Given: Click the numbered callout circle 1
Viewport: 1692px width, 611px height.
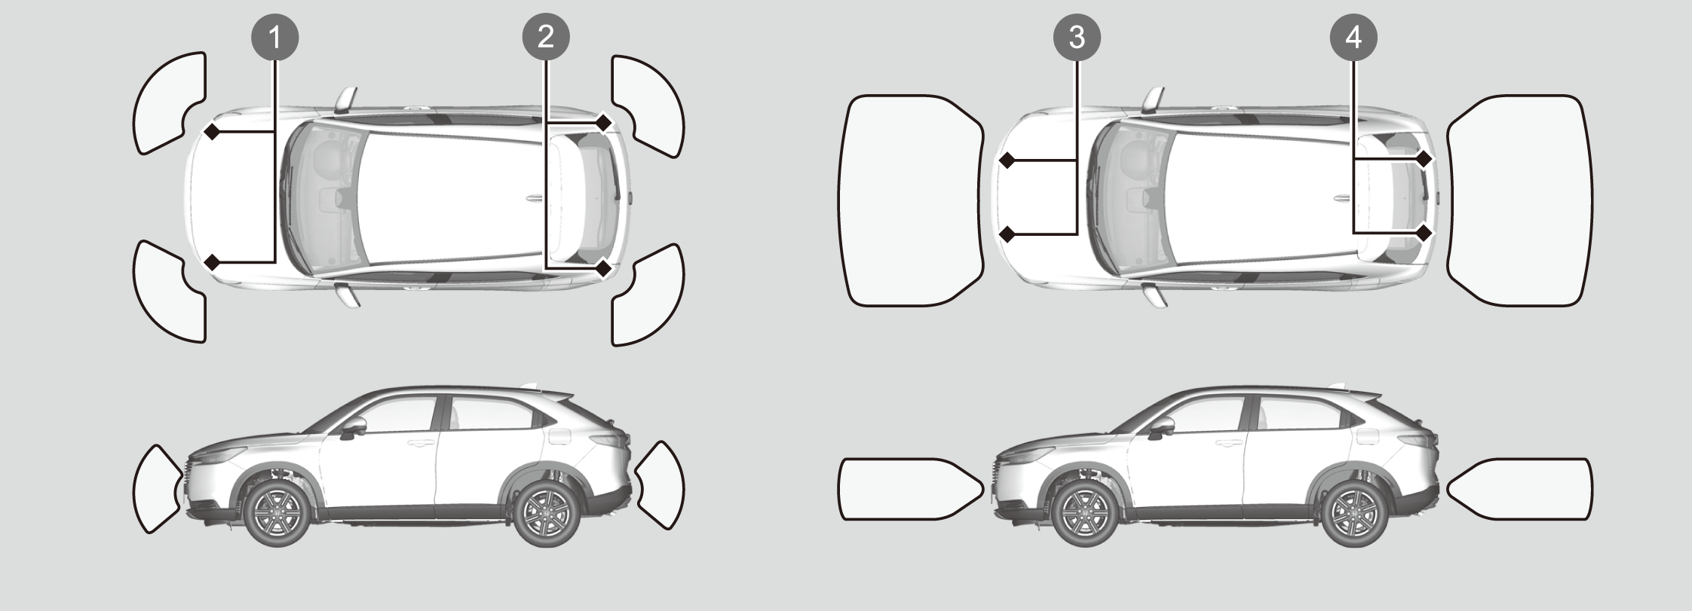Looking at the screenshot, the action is coord(274,37).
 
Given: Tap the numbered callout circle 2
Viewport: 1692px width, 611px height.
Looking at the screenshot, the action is coord(546,37).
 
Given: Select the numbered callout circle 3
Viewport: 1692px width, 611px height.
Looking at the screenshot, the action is coord(1077,37).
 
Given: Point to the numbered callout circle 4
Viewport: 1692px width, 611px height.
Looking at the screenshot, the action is coord(1353,37).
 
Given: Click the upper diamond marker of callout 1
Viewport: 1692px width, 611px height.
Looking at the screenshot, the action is coord(213,133).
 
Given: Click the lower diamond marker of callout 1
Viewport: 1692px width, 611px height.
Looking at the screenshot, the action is coord(213,262).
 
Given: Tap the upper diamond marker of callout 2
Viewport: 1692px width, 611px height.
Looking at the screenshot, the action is coord(603,122).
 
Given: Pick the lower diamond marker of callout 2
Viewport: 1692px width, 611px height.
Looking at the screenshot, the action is coord(603,268).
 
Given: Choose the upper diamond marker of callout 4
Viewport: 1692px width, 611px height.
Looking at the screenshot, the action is coord(1424,160).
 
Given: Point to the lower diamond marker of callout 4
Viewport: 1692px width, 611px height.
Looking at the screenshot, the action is coord(1424,233).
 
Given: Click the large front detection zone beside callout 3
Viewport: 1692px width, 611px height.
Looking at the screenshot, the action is coord(911,200).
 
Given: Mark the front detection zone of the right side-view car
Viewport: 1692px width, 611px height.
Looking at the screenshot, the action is coord(911,489).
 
